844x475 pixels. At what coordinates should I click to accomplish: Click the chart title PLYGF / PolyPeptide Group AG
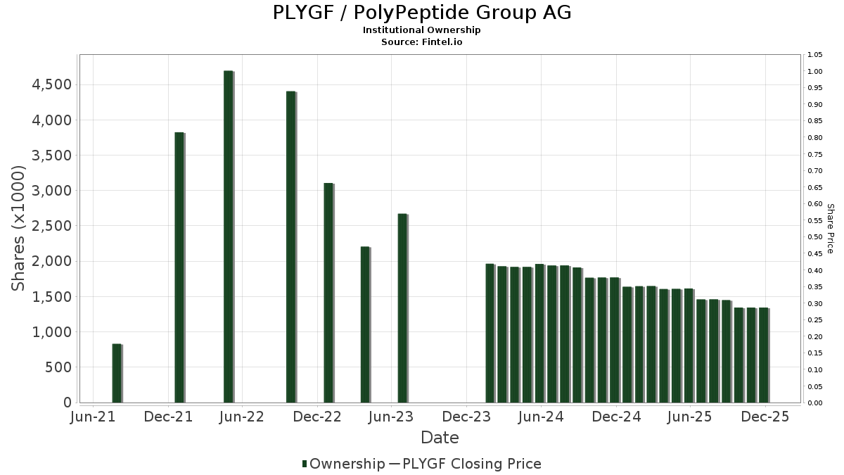pos(421,13)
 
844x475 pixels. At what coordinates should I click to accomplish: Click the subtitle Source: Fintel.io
pos(421,42)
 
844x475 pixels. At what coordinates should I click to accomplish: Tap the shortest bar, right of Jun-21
pos(117,373)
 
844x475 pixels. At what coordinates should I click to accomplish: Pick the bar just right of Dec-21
pos(179,267)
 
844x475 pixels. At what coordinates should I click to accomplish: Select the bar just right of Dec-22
pos(328,293)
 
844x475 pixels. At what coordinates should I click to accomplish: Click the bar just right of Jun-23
pos(402,308)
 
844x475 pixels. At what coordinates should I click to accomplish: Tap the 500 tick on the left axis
pos(57,367)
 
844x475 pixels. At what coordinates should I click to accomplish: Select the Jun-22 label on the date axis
pos(242,417)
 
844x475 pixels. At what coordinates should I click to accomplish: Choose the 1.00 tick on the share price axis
pos(815,72)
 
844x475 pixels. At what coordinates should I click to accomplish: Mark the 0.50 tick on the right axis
pos(815,237)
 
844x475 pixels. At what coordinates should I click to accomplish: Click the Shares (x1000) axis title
pos(19,228)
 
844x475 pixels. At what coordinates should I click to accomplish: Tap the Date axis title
pos(440,438)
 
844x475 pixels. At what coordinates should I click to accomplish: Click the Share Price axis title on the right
pos(830,228)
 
